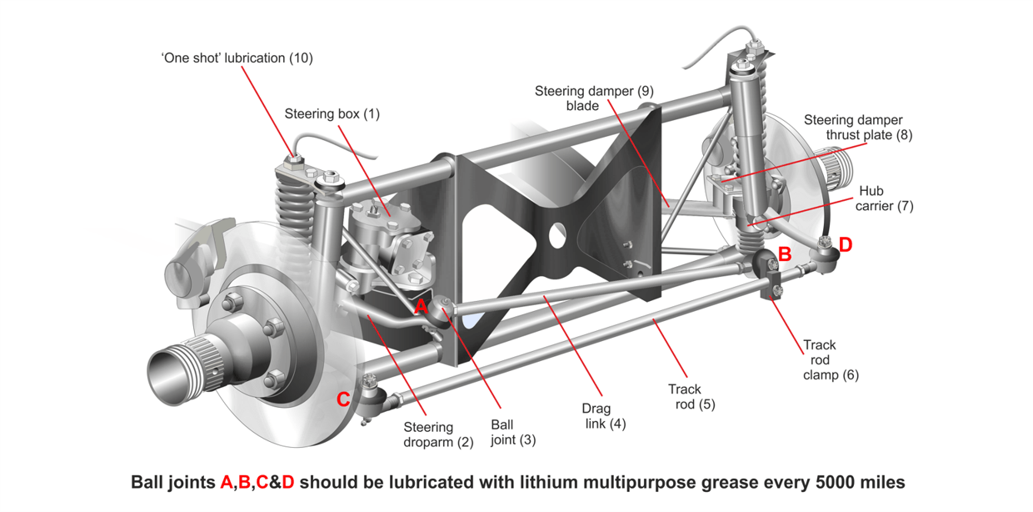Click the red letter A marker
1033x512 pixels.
coord(422,307)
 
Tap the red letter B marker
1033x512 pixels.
coord(784,253)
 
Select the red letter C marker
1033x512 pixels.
coord(343,399)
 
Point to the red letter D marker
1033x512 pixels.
coord(846,244)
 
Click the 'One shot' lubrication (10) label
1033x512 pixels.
coord(237,58)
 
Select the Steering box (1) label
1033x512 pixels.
coord(332,113)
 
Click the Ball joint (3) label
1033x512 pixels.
coord(513,432)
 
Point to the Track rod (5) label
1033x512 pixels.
coord(691,396)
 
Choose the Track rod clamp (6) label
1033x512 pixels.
coord(830,359)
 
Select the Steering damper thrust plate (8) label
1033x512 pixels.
coord(858,128)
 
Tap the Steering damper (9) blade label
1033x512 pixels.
coord(593,98)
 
